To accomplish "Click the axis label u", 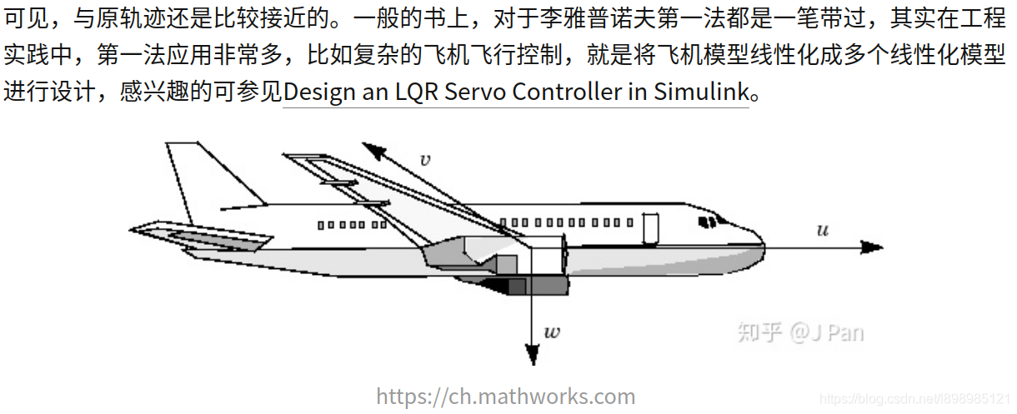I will coord(822,230).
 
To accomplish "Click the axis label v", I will coord(425,160).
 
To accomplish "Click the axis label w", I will coord(552,332).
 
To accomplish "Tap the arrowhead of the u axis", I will coord(872,247).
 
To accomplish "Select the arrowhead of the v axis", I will coord(373,150).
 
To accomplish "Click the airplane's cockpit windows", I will coord(709,222).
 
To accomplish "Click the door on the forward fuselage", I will coord(650,228).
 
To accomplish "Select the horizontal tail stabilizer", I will coord(200,237).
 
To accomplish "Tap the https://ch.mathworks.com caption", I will coord(506,397).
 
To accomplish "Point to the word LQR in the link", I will coord(418,92).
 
